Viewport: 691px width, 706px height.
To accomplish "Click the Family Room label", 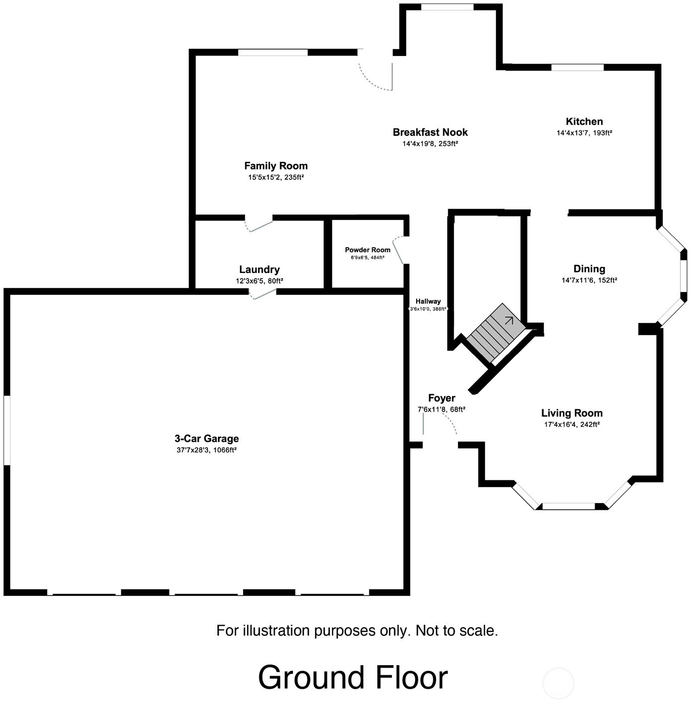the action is point(276,166).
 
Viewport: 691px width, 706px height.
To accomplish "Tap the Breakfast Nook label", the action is point(430,132).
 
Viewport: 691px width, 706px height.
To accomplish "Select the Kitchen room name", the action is point(584,122).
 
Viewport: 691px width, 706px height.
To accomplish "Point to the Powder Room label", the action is point(368,250).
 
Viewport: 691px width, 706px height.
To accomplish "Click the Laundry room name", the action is point(259,269).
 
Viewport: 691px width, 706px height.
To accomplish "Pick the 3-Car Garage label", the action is point(206,439).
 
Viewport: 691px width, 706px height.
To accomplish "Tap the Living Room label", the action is point(571,413).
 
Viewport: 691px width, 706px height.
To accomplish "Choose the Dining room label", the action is point(589,269).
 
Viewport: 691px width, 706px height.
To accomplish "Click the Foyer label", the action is point(442,398).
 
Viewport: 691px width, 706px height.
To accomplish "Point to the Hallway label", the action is point(428,301).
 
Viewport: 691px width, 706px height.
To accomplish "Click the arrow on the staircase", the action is point(509,320).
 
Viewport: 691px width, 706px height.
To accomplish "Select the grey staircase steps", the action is point(496,332).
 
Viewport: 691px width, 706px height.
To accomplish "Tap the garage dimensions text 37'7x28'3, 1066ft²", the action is point(206,450).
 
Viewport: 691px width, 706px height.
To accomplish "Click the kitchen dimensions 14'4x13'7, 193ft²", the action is point(584,133).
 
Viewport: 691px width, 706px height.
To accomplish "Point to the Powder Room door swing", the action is point(398,250).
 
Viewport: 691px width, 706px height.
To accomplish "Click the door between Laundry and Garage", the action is point(263,294).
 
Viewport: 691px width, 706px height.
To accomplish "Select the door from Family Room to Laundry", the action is point(259,226).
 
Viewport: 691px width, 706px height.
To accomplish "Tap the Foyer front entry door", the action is point(440,423).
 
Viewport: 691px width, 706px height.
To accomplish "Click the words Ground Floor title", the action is point(353,677).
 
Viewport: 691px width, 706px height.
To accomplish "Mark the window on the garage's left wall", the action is point(7,430).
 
